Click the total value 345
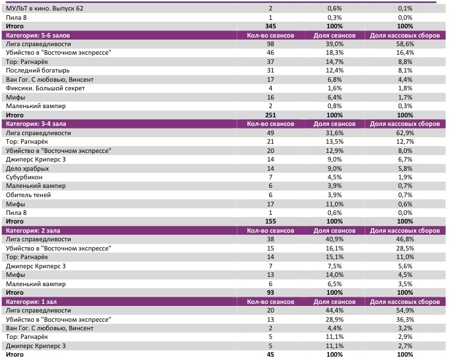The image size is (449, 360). [x=270, y=25]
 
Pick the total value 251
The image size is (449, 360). [x=270, y=115]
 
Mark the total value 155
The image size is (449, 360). [x=270, y=222]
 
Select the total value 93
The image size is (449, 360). [x=270, y=292]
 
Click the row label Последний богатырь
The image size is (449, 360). [x=38, y=70]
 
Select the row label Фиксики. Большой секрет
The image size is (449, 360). [x=44, y=88]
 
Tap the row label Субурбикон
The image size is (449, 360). [x=24, y=177]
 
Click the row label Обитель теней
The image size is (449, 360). [x=28, y=195]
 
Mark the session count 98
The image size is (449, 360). [x=270, y=43]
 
